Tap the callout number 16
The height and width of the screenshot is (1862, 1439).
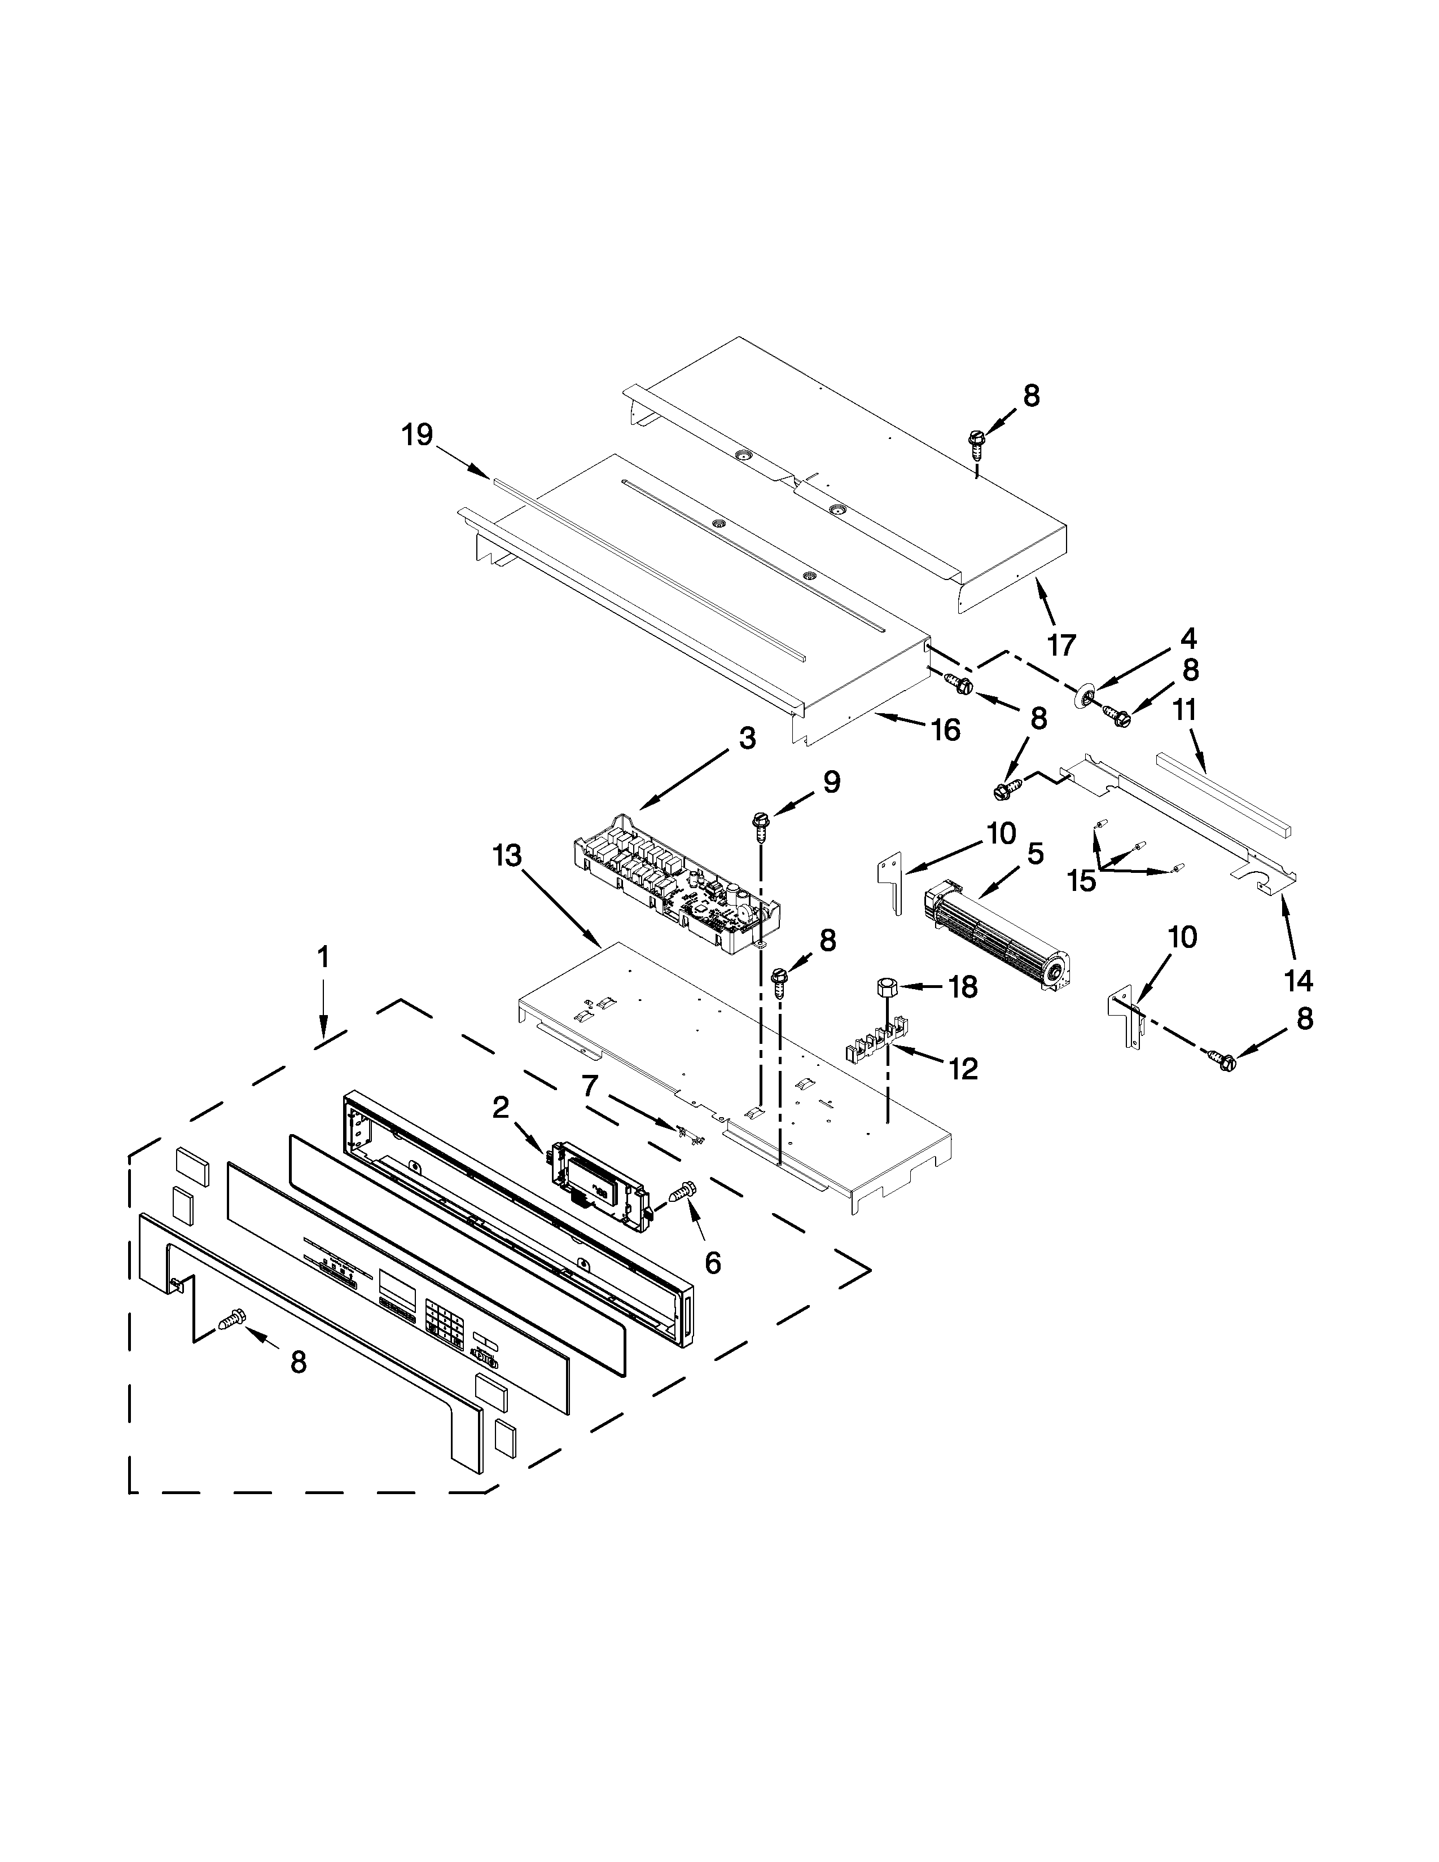[x=945, y=730]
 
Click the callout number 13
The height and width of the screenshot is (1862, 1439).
[x=507, y=855]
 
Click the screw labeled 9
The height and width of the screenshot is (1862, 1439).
[x=758, y=823]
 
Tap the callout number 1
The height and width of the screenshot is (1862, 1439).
[x=322, y=958]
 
